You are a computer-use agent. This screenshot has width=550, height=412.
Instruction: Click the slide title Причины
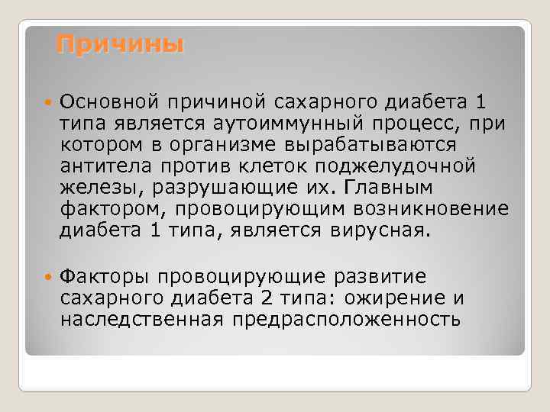point(121,44)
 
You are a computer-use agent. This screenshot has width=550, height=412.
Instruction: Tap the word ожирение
point(400,297)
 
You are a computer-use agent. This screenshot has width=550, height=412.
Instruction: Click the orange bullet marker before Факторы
point(50,275)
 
